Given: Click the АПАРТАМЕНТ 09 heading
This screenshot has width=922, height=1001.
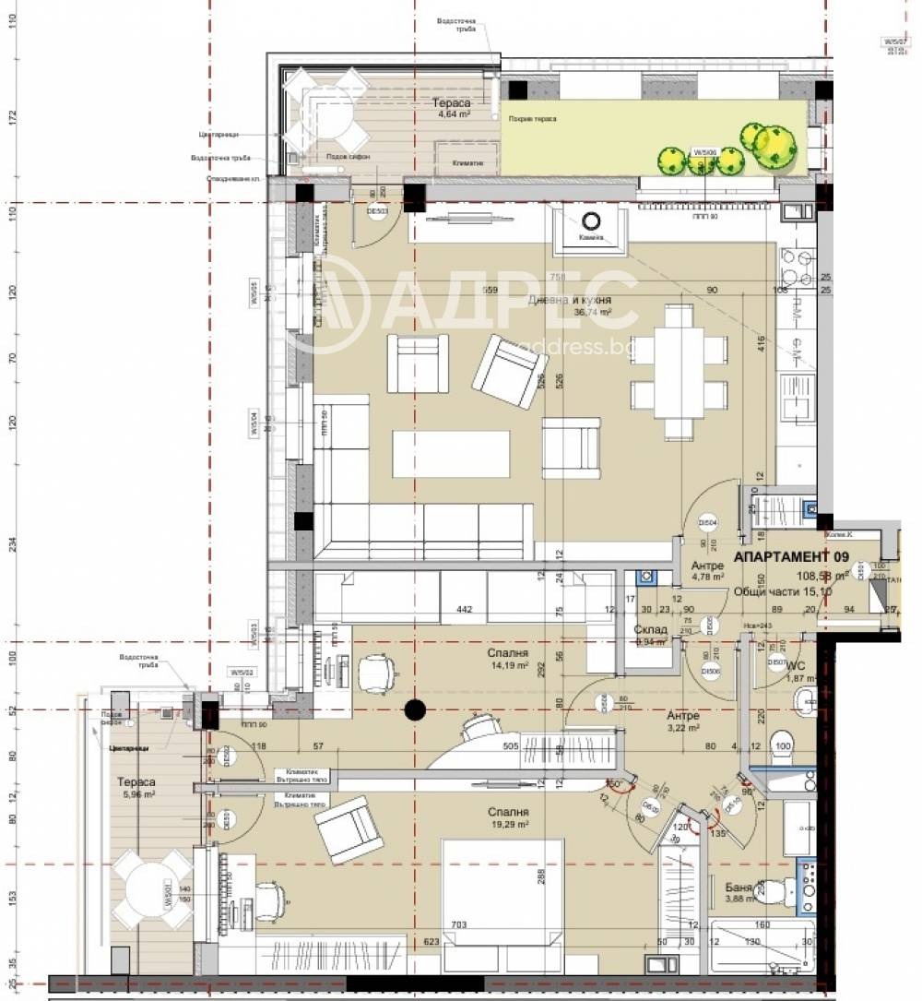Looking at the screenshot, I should [x=790, y=557].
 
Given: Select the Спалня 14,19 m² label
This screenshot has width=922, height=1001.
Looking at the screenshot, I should [x=507, y=658].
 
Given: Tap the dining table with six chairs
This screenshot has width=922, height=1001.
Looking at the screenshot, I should [x=680, y=372].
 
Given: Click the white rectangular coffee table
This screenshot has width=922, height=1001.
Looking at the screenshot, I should [x=451, y=454].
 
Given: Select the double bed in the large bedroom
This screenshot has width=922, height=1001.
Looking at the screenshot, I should [x=502, y=890].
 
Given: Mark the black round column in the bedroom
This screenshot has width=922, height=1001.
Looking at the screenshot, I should [x=415, y=709].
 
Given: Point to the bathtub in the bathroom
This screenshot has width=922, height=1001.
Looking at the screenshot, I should [x=762, y=947].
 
